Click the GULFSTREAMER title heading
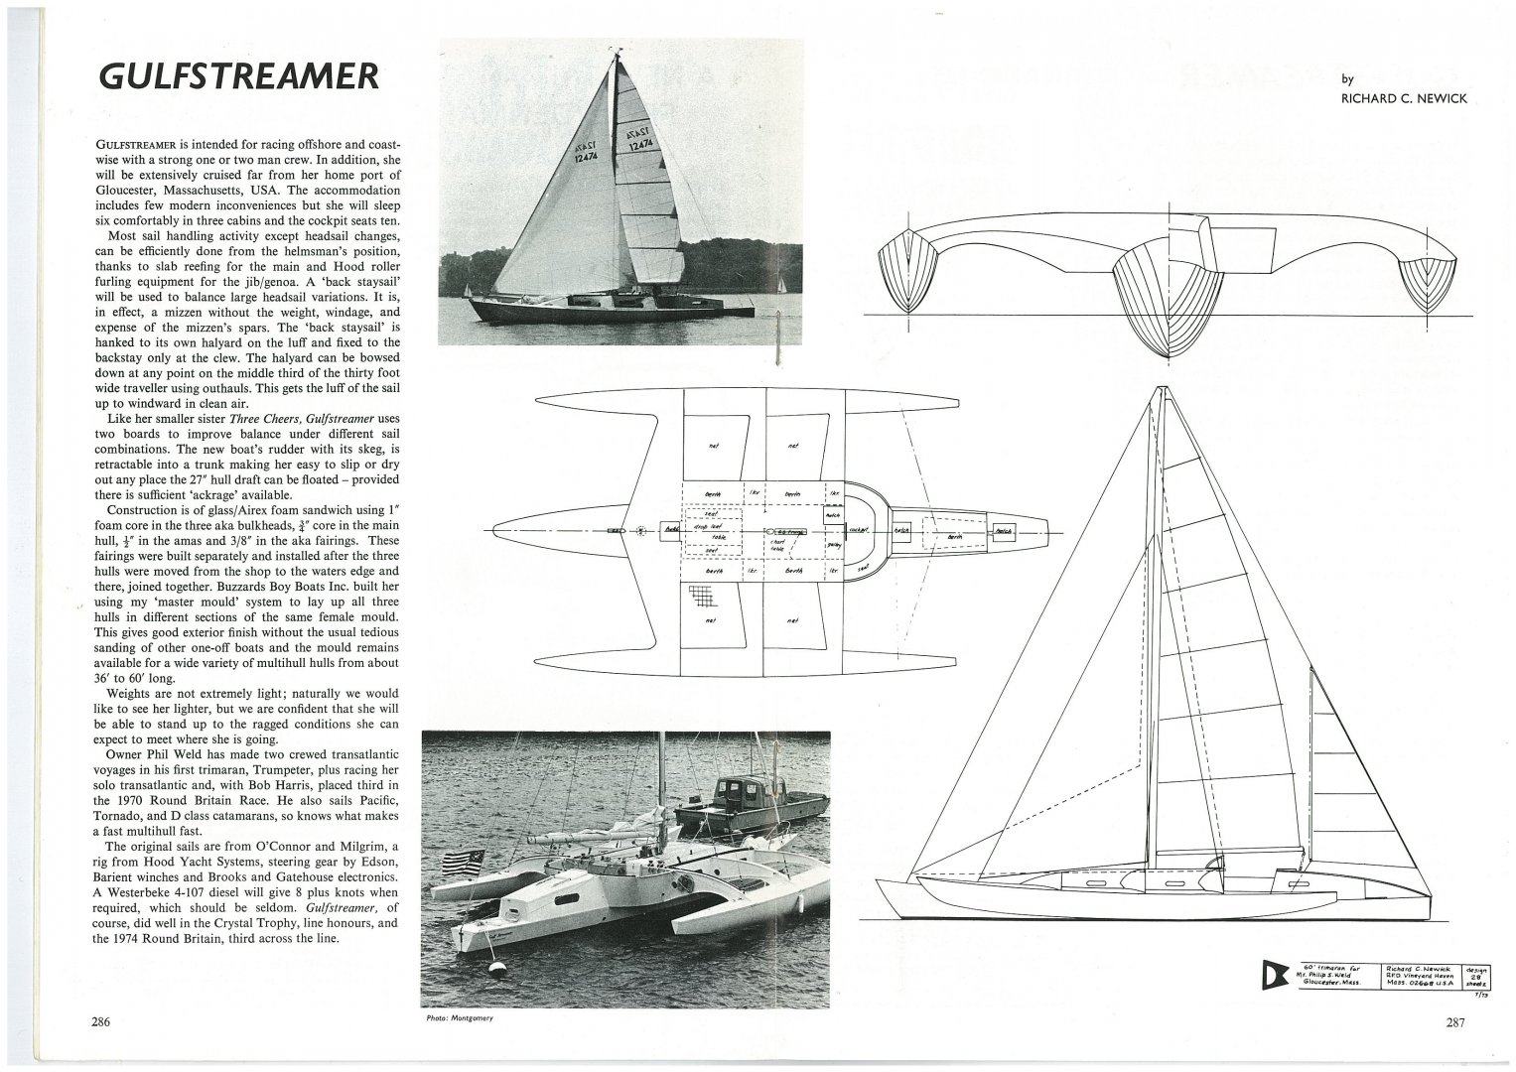coord(237,76)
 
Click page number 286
coord(98,1021)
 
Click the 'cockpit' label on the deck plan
coord(860,531)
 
